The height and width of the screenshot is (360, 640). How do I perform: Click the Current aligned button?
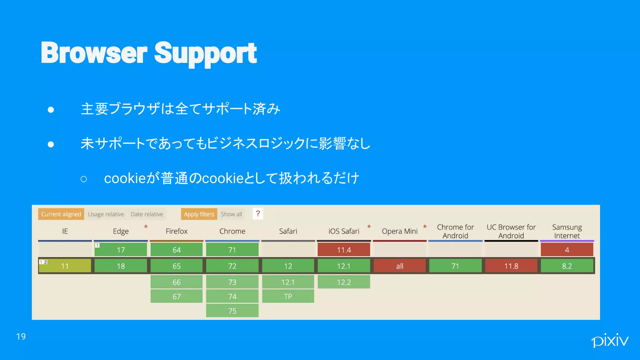(61, 214)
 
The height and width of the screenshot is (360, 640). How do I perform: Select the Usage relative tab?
(106, 214)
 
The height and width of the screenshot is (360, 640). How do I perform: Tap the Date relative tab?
(147, 214)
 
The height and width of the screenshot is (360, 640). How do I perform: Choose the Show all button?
(231, 214)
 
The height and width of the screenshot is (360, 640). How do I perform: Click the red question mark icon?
(258, 214)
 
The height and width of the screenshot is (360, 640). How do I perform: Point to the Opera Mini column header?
(399, 231)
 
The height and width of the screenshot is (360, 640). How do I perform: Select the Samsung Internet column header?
(567, 231)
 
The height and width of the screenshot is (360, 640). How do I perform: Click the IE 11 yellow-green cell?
(65, 266)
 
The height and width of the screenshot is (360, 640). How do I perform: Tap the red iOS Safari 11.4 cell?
(344, 250)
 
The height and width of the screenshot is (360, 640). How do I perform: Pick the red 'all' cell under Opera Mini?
(399, 266)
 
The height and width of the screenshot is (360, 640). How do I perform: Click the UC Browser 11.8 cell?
(511, 266)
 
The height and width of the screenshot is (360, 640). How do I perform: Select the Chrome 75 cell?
(232, 311)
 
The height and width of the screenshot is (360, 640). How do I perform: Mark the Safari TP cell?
(288, 296)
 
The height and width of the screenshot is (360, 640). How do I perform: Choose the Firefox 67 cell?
(177, 296)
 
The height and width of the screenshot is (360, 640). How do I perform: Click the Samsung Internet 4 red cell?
(567, 250)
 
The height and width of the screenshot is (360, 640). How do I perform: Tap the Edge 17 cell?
(121, 250)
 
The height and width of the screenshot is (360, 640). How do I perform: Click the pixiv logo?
(609, 340)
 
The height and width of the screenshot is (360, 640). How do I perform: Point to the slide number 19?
(21, 337)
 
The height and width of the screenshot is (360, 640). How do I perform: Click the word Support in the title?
(205, 53)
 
